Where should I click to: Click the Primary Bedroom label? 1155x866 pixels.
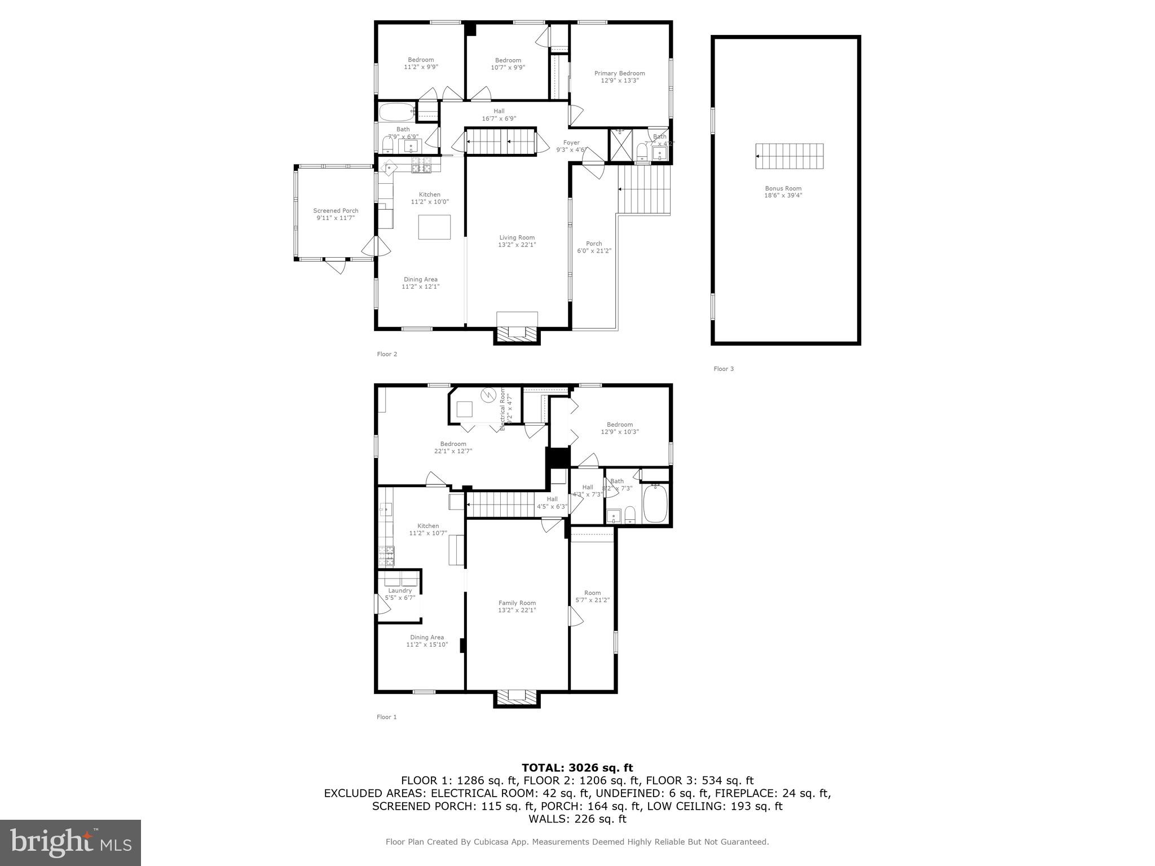tap(619, 73)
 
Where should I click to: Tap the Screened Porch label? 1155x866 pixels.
tap(336, 211)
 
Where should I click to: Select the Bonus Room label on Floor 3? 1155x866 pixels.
tap(783, 189)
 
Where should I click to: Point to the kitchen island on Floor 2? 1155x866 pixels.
tap(434, 227)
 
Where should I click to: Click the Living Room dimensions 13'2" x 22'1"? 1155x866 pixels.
tap(517, 245)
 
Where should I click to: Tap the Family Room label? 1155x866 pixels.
tap(517, 603)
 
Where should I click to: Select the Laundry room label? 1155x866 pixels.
tap(400, 590)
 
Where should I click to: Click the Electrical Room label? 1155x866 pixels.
tap(502, 404)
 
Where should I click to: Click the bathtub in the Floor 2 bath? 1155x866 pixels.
tap(396, 112)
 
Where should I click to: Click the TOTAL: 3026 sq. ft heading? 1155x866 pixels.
tap(577, 768)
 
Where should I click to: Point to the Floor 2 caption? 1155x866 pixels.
tap(387, 354)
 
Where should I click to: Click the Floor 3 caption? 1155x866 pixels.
tap(724, 369)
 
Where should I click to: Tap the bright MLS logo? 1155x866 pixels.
tap(70, 842)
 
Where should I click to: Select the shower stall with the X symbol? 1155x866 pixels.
tap(620, 147)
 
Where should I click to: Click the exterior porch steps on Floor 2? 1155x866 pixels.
tap(644, 189)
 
